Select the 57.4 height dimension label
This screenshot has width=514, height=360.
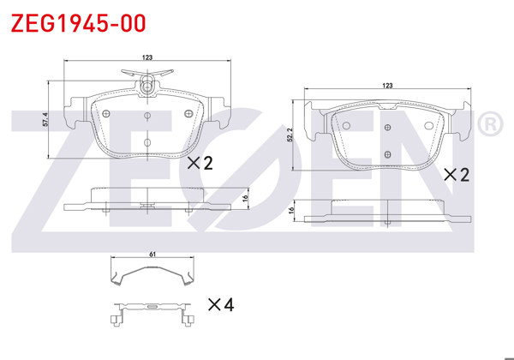tap(47, 120)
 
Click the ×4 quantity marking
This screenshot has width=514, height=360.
tap(221, 304)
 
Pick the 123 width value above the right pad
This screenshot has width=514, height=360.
tap(387, 86)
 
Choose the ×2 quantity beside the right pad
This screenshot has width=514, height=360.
tap(457, 174)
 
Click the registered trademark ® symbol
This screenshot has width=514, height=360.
tap(488, 125)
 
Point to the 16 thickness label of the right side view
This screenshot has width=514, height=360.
tap(292, 210)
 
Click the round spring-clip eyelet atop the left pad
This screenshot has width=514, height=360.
tap(147, 86)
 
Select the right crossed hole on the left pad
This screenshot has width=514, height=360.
tap(190, 111)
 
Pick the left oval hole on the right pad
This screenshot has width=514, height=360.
tap(346, 126)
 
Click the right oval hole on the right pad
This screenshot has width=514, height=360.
tap(429, 126)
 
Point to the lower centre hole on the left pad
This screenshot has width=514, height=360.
tap(147, 142)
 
